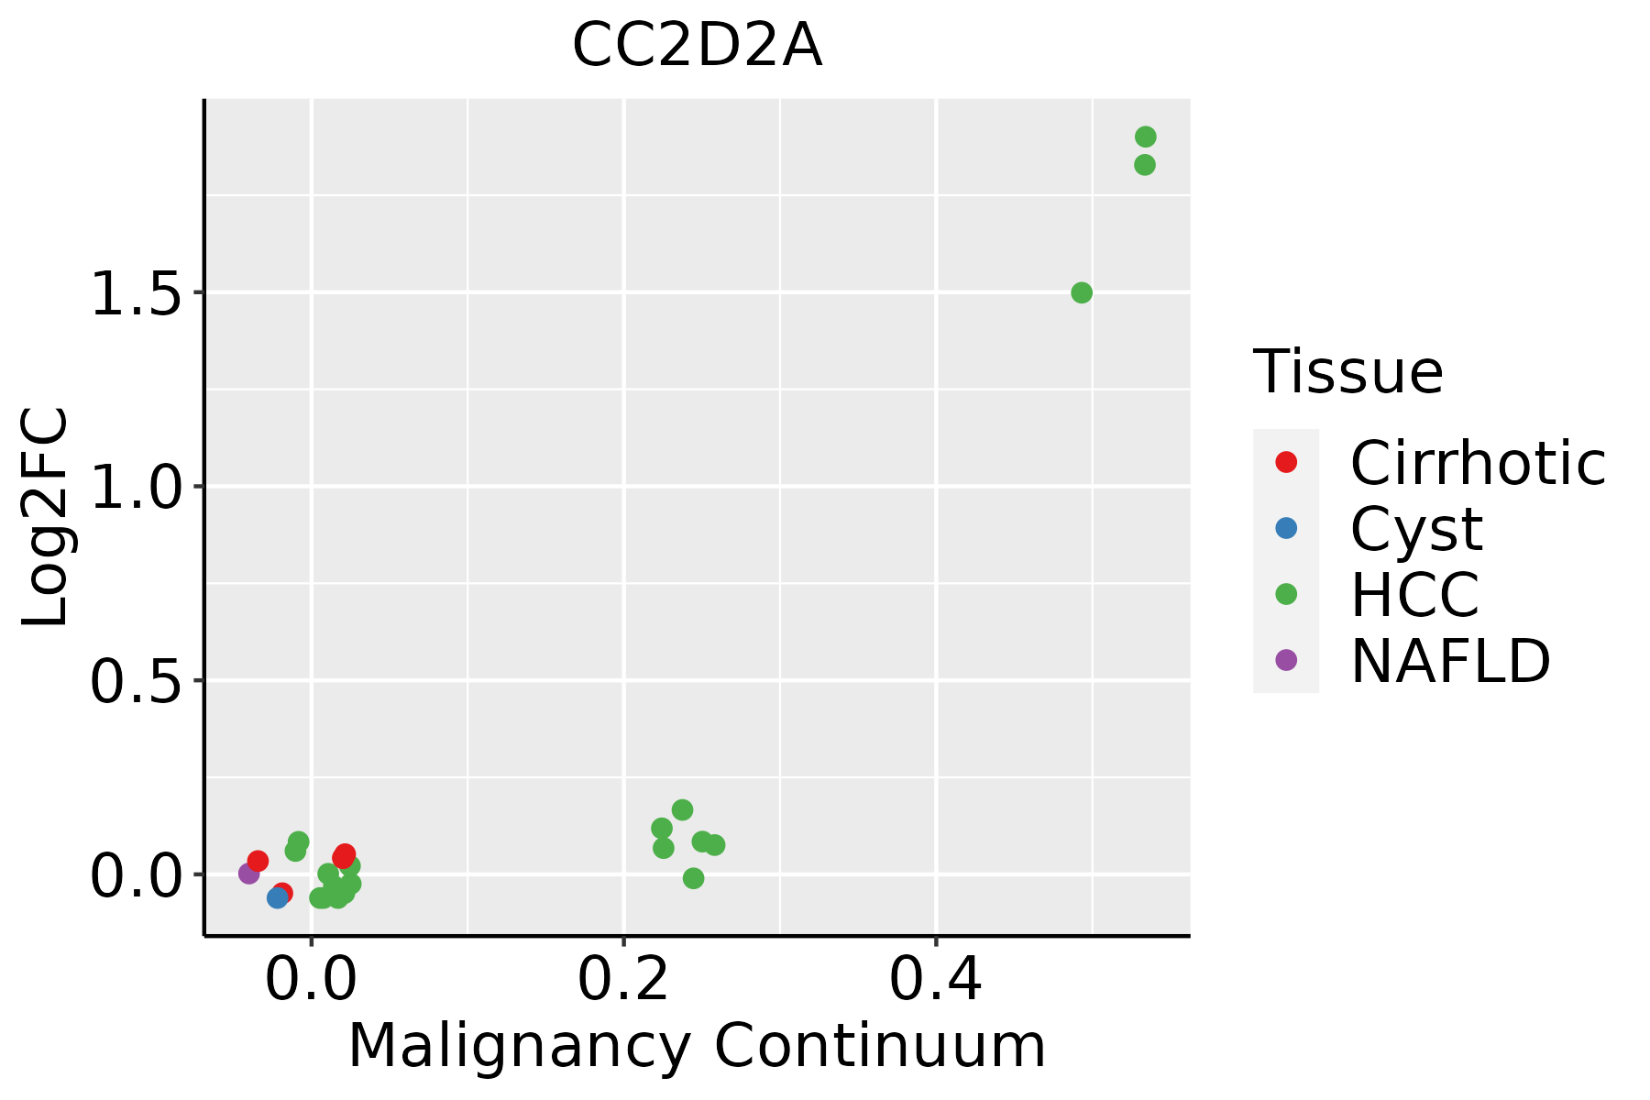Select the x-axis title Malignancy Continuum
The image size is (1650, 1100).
coord(697,1046)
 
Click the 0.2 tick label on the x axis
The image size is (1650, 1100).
coord(623,979)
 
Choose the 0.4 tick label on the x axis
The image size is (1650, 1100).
coord(936,979)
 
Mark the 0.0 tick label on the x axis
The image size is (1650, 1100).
coord(311,979)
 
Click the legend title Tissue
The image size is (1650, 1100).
coord(1347,371)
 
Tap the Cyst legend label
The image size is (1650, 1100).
coord(1416,529)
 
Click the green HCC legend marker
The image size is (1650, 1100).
coord(1286,594)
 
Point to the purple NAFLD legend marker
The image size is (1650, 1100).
coord(1286,660)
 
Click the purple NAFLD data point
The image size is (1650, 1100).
coord(248,874)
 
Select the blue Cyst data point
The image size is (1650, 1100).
coord(277,897)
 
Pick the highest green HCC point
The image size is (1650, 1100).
coord(1146,137)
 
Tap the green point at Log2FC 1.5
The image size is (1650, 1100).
coord(1082,292)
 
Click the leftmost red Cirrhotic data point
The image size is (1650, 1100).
coord(258,861)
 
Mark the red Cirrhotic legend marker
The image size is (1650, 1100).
coord(1286,462)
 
